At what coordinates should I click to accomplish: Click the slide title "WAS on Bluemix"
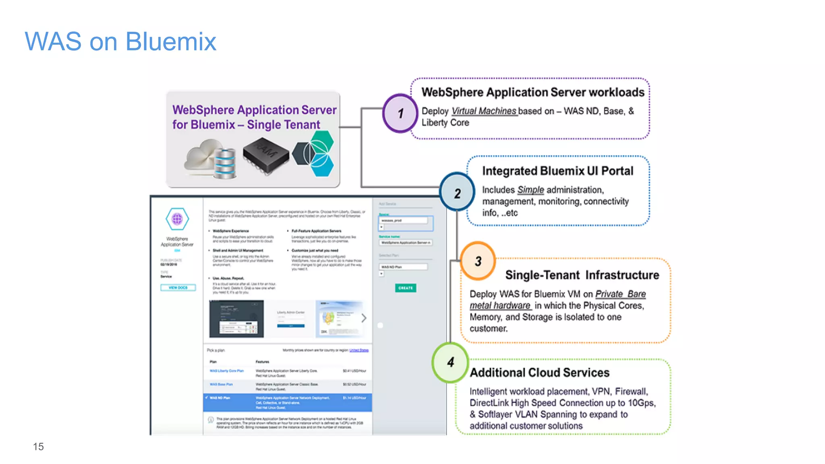point(120,41)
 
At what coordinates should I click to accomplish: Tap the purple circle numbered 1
point(400,113)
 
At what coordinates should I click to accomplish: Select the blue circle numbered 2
point(457,192)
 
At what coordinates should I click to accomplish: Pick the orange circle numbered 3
point(478,261)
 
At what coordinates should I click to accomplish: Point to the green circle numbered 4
point(450,362)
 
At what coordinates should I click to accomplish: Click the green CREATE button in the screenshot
point(405,288)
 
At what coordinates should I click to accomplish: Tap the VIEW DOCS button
point(178,288)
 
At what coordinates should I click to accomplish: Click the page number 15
point(38,446)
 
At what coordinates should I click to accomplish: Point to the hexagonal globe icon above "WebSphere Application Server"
point(177,219)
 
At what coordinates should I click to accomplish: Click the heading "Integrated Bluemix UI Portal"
point(558,171)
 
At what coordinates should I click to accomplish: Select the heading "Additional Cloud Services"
point(539,373)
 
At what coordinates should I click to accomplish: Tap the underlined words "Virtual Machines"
point(484,111)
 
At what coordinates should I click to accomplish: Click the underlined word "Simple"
point(531,190)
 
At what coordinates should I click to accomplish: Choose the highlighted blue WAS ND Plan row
point(287,402)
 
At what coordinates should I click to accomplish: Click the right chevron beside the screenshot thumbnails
point(364,318)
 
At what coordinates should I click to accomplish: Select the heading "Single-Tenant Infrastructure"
point(582,275)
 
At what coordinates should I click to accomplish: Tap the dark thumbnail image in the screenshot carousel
point(236,319)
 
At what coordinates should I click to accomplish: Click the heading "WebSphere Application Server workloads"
point(533,92)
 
